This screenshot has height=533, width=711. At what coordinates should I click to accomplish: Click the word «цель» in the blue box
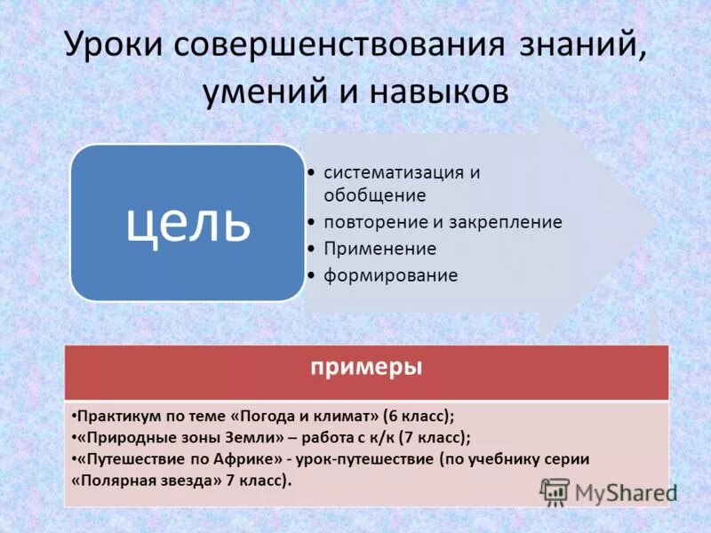tap(188, 223)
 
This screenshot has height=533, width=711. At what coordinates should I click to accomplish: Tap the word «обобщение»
tap(374, 195)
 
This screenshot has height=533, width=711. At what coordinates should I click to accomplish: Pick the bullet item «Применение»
tap(379, 249)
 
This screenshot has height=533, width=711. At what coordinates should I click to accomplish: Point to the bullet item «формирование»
tap(390, 275)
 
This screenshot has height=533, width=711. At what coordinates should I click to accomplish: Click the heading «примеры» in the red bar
tap(366, 366)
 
